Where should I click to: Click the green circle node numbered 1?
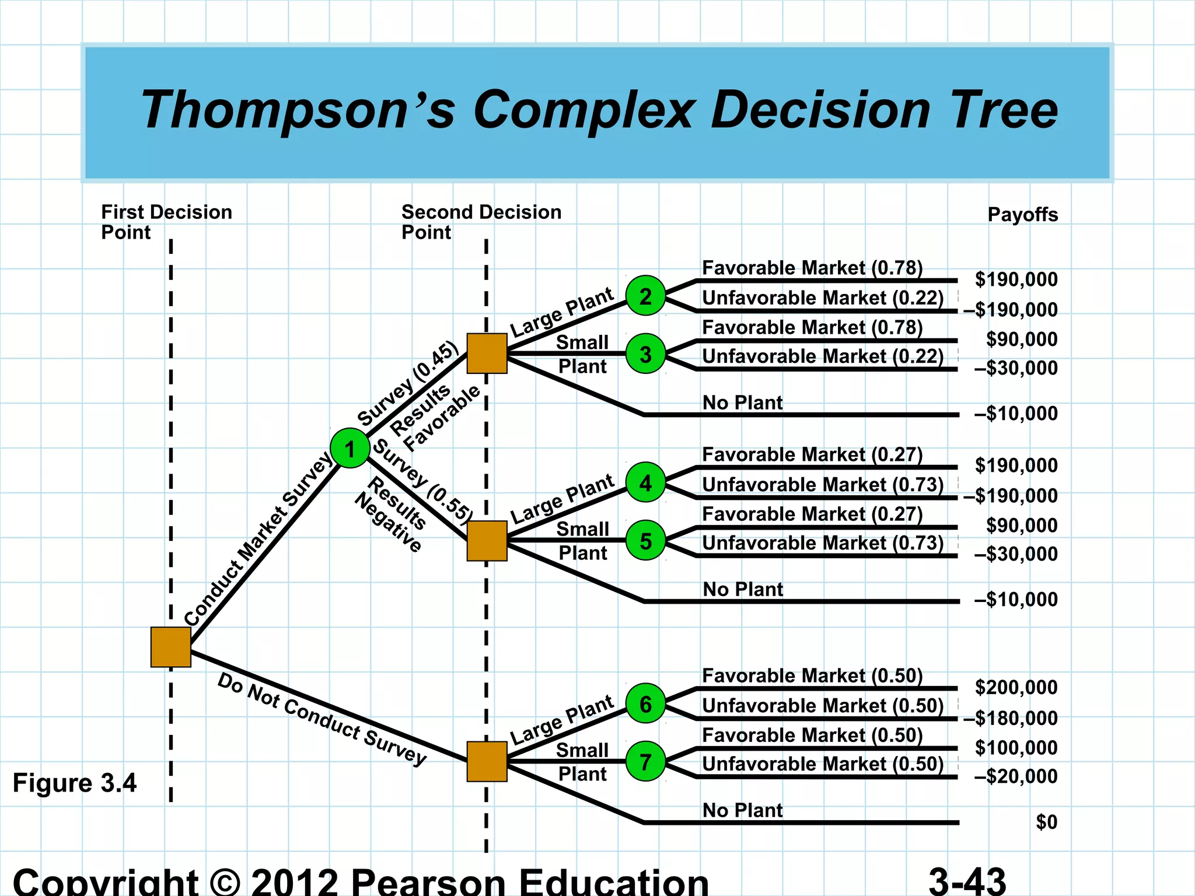click(x=350, y=448)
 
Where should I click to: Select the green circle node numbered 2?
click(x=645, y=296)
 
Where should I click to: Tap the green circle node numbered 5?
click(x=645, y=541)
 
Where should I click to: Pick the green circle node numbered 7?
click(x=645, y=761)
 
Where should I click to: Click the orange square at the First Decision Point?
click(x=170, y=647)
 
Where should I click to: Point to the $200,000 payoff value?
click(x=1016, y=687)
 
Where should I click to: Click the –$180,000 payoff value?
click(x=1010, y=718)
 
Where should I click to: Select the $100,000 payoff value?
click(x=1016, y=747)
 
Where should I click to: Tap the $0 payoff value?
click(x=1046, y=822)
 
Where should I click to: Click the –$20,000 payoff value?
click(x=1015, y=776)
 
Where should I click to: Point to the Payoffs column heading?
click(x=1022, y=215)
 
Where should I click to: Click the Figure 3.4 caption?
click(x=75, y=783)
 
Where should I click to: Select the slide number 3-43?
click(x=967, y=881)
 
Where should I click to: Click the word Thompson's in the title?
click(x=298, y=110)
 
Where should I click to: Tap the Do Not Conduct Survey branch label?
click(x=322, y=719)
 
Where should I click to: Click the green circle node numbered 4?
click(x=645, y=482)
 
